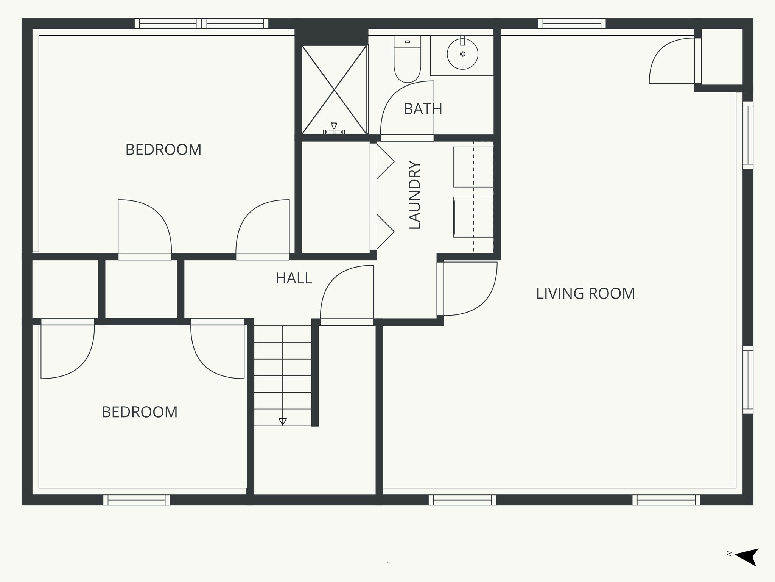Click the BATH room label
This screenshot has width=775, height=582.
[423, 109]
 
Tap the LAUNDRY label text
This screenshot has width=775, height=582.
[415, 195]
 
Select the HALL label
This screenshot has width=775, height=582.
[294, 278]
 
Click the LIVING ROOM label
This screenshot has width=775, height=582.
[585, 294]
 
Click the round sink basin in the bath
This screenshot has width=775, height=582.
[462, 54]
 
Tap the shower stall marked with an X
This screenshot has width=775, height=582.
[335, 90]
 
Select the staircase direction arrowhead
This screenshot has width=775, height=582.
[283, 421]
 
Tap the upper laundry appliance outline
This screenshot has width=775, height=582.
[473, 167]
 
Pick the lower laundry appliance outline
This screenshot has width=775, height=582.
[473, 217]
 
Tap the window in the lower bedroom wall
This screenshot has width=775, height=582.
[137, 500]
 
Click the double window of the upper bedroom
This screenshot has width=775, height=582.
[202, 23]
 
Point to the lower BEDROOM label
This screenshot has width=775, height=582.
[139, 412]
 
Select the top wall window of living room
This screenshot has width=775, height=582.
[572, 23]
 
